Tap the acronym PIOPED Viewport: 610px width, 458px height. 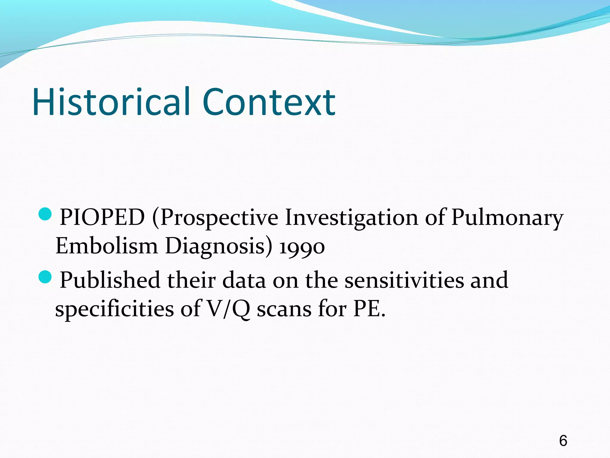coord(102,217)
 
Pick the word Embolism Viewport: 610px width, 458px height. coord(106,246)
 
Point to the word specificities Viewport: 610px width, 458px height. coord(114,309)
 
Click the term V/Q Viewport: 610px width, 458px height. coord(228,309)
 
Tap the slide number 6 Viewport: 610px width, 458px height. coord(563,441)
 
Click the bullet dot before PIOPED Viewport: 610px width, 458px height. coord(45,213)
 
